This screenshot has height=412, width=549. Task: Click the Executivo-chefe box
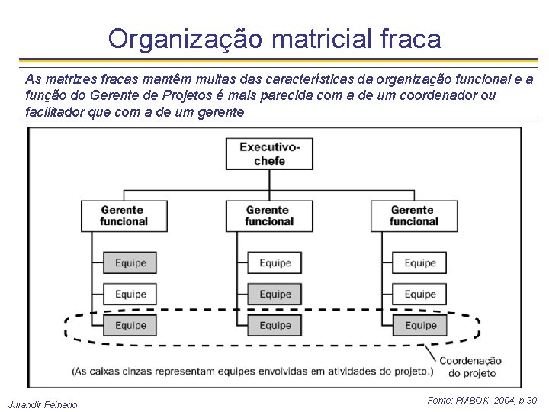269,153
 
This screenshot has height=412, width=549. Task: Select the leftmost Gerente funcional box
124,216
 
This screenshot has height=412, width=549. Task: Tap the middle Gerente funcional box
269,216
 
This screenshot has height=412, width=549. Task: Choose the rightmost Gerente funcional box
414,216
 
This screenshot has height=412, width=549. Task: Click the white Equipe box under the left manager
130,294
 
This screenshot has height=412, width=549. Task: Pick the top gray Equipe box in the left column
130,262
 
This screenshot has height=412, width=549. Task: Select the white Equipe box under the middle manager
275,262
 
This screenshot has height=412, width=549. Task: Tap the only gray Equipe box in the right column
420,325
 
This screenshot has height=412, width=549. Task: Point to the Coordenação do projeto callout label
470,367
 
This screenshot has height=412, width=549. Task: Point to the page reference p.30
526,400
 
